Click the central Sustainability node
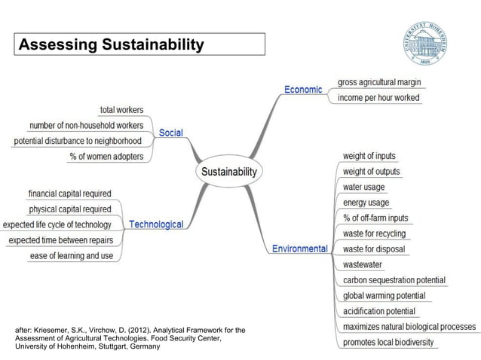click(229, 172)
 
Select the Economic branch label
click(303, 90)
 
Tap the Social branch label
click(170, 133)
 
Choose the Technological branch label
click(156, 224)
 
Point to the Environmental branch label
click(299, 249)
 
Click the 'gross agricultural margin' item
click(378, 82)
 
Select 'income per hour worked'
click(378, 98)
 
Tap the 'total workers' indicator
click(121, 110)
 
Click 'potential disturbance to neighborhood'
click(78, 141)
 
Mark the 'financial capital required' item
click(69, 194)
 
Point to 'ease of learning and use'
click(72, 256)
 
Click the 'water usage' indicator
click(363, 187)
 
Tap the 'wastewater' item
click(362, 264)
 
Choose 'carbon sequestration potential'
click(394, 280)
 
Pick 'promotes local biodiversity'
click(388, 343)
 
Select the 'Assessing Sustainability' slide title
click(111, 45)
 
